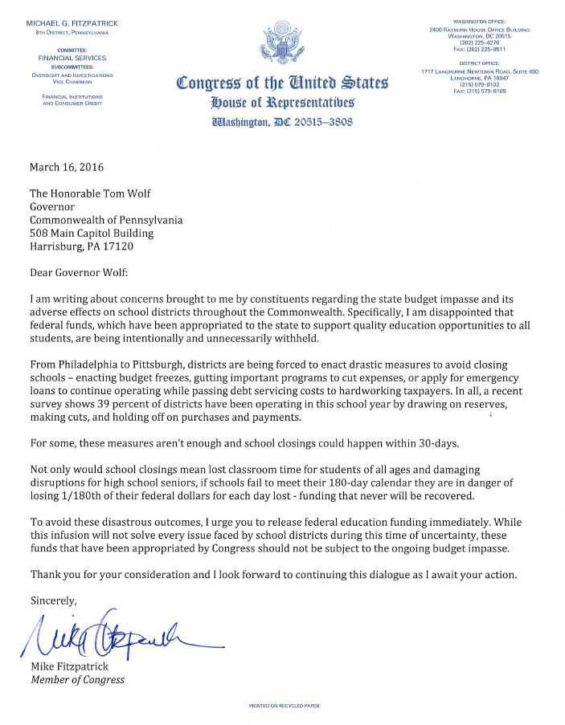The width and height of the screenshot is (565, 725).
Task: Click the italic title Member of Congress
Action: (x=77, y=679)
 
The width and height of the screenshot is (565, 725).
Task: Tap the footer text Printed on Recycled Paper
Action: (x=284, y=706)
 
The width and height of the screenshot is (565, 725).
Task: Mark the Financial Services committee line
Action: (x=72, y=58)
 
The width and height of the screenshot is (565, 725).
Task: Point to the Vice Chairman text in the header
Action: (x=72, y=82)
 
